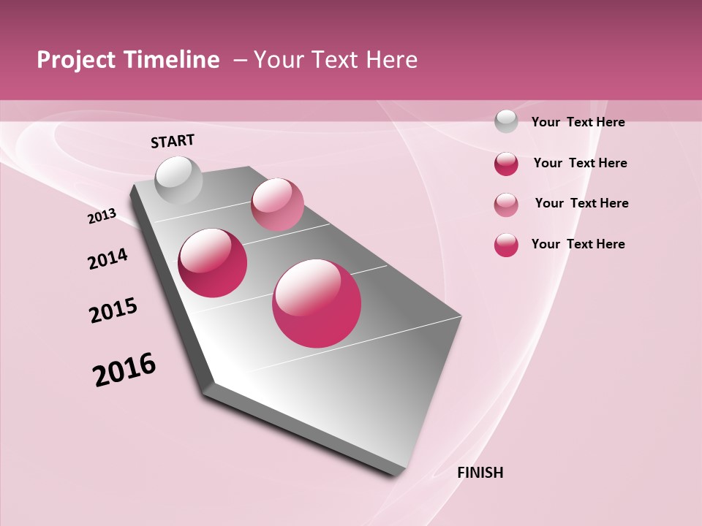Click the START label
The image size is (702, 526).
pos(173,141)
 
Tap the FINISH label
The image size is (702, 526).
pos(480,473)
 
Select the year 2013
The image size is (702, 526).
pos(102,216)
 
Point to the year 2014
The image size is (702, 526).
pos(107,259)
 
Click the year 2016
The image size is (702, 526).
pos(124,370)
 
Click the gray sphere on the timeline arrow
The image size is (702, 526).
pos(178,180)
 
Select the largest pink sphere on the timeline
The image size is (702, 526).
pos(317,303)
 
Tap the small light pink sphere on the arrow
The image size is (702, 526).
pos(277,205)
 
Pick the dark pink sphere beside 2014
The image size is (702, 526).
pos(213,263)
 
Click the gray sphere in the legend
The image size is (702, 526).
pos(506,121)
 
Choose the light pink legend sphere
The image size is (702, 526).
pos(506,205)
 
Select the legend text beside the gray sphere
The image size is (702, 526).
pos(578,122)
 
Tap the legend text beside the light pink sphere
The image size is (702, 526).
pos(581,203)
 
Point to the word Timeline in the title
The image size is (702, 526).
pos(173,60)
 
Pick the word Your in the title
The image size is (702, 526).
pos(279,60)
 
